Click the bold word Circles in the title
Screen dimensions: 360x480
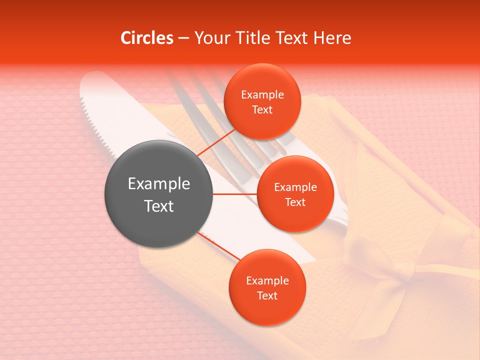click(146, 38)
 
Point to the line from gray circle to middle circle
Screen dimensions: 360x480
click(235, 194)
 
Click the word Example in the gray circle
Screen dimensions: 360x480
click(159, 184)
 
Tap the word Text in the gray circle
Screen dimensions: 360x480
click(159, 206)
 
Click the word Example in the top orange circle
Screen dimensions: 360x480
click(262, 95)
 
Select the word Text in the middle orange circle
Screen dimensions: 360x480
click(295, 202)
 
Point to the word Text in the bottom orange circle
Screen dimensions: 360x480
click(267, 295)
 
